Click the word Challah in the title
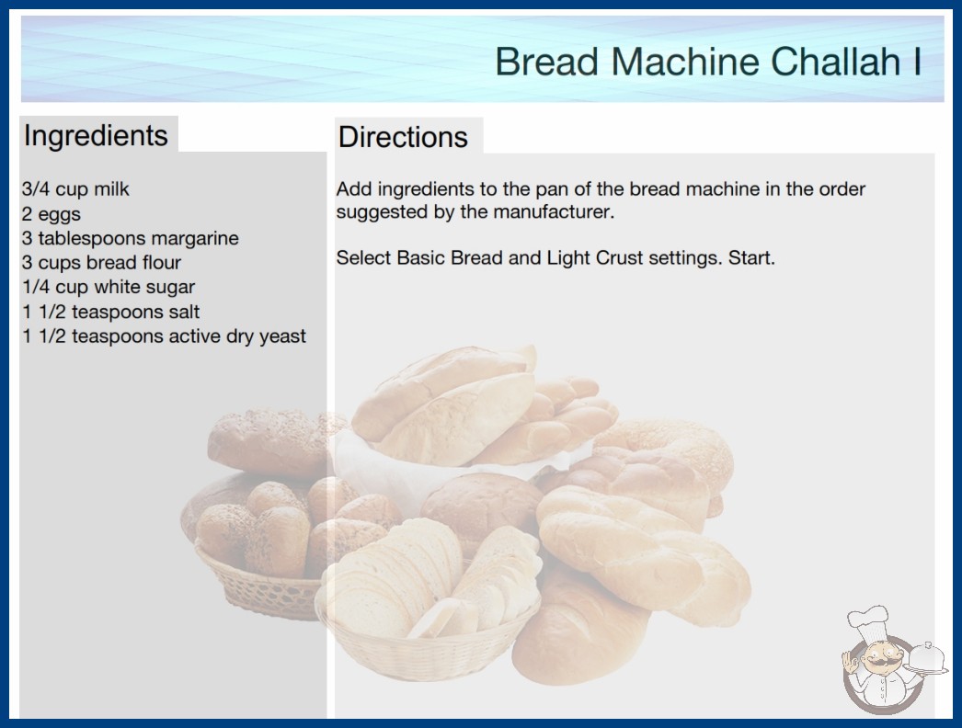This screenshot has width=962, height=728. click(834, 62)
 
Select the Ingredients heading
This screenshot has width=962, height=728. click(96, 135)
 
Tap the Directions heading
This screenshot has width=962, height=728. click(403, 137)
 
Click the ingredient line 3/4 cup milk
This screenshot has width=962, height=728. click(75, 189)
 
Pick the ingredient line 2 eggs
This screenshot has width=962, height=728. click(52, 214)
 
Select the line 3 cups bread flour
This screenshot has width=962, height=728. click(102, 263)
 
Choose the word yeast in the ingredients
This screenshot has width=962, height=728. click(282, 336)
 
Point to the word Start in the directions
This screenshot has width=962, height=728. click(751, 257)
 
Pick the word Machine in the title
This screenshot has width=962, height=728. click(685, 62)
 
